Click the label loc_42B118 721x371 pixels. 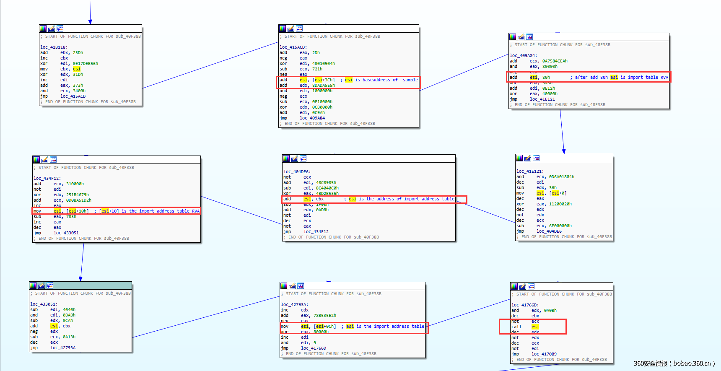[x=54, y=47]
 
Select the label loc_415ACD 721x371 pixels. [x=293, y=47]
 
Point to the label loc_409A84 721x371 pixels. [x=523, y=55]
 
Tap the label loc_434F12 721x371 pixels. [x=47, y=178]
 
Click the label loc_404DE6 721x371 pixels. [x=297, y=171]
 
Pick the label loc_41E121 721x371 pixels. [x=530, y=171]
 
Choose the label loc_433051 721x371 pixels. [x=44, y=304]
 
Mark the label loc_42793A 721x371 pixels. [x=294, y=304]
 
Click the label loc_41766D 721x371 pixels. [x=525, y=305]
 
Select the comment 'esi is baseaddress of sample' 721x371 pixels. [x=381, y=80]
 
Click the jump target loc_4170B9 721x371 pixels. [x=544, y=354]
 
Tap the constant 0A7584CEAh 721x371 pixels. [x=555, y=61]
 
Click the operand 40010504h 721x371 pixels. [x=323, y=64]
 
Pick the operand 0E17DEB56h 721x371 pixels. [x=85, y=64]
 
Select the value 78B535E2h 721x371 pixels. [x=324, y=315]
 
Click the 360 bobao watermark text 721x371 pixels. [x=674, y=363]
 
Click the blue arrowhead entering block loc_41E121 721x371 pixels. [x=564, y=151]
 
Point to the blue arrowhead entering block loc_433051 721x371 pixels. [x=80, y=279]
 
